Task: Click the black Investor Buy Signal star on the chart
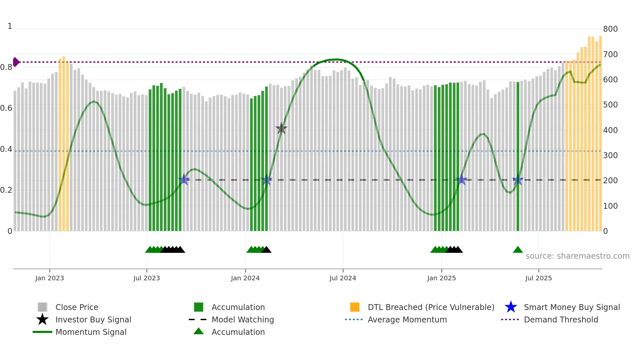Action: coord(281,129)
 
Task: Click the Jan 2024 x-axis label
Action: coord(245,278)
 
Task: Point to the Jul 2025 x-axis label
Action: coord(538,278)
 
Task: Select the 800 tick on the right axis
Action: coord(610,29)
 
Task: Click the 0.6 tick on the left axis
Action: coord(6,108)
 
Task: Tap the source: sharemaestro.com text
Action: coord(577,256)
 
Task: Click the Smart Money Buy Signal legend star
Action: coord(511,307)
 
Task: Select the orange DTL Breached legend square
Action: coord(355,307)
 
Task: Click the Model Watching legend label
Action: coord(243,319)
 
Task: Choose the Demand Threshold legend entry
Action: coord(561,319)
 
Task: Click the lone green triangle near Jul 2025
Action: coord(518,250)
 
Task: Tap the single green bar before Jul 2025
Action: coord(518,157)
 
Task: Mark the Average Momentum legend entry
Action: coord(407,319)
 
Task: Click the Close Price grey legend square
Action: coord(42,307)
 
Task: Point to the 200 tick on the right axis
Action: coord(610,181)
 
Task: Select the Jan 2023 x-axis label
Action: coord(50,278)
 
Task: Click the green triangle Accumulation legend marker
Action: coord(199,332)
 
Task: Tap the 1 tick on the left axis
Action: coord(10,26)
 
